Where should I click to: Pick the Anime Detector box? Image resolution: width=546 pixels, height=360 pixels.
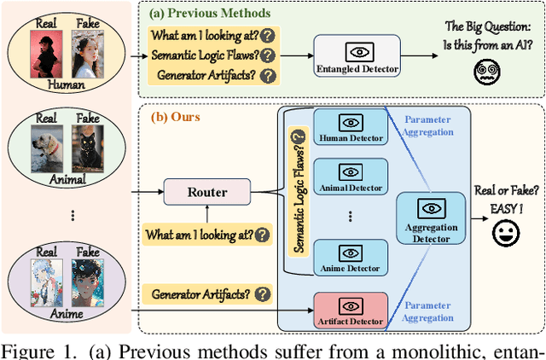click(x=350, y=258)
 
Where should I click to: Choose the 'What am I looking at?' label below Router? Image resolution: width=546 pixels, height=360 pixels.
click(x=207, y=233)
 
